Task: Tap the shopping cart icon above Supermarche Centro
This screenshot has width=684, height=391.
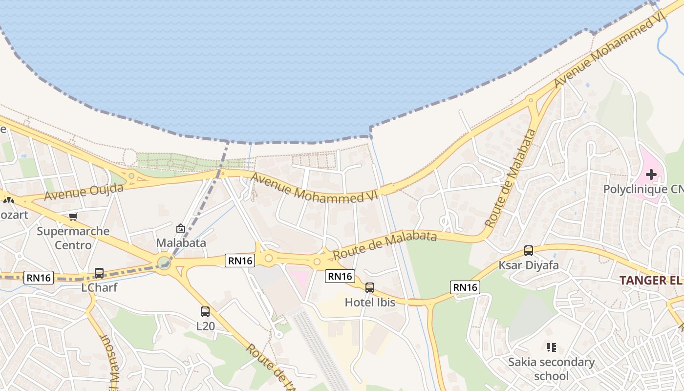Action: click(x=73, y=217)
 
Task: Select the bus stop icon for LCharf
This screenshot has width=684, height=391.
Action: click(x=99, y=273)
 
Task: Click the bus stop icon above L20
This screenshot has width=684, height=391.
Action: click(x=205, y=311)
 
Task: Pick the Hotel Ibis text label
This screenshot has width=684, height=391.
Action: click(x=370, y=302)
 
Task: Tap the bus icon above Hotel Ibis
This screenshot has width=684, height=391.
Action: click(x=370, y=287)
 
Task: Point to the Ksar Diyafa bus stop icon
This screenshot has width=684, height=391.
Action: click(x=528, y=251)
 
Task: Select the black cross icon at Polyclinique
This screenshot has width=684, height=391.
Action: click(x=651, y=174)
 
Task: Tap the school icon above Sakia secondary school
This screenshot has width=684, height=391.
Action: click(x=552, y=348)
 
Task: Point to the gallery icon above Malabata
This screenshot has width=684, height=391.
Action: click(x=181, y=228)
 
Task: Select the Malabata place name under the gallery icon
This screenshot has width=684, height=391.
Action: click(x=181, y=242)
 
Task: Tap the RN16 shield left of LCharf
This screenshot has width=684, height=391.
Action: click(x=39, y=278)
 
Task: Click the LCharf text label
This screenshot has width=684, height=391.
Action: click(x=99, y=287)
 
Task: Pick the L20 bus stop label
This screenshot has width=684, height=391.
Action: click(x=205, y=326)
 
